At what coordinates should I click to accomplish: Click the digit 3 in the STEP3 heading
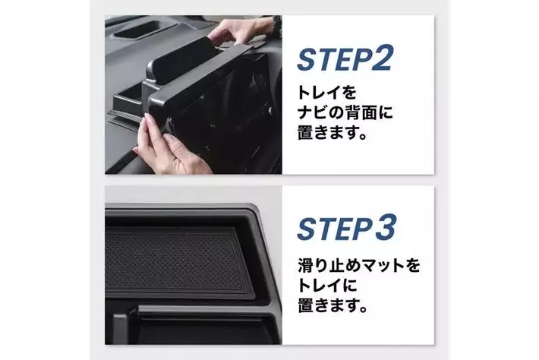point(385,227)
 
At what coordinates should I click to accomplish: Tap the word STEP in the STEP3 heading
point(334,229)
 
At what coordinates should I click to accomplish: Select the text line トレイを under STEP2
point(326,93)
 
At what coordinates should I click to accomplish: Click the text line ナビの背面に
point(345,112)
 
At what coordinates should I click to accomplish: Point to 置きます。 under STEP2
point(332,132)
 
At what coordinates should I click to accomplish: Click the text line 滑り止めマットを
point(358,266)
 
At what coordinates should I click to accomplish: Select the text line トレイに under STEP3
point(327,286)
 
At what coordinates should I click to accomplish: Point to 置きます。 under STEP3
point(333,305)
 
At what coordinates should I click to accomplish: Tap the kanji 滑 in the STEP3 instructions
point(305,266)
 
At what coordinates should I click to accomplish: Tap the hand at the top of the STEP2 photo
point(241,32)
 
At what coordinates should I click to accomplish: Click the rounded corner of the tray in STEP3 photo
point(255,210)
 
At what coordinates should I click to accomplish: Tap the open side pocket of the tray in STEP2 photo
point(128,97)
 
